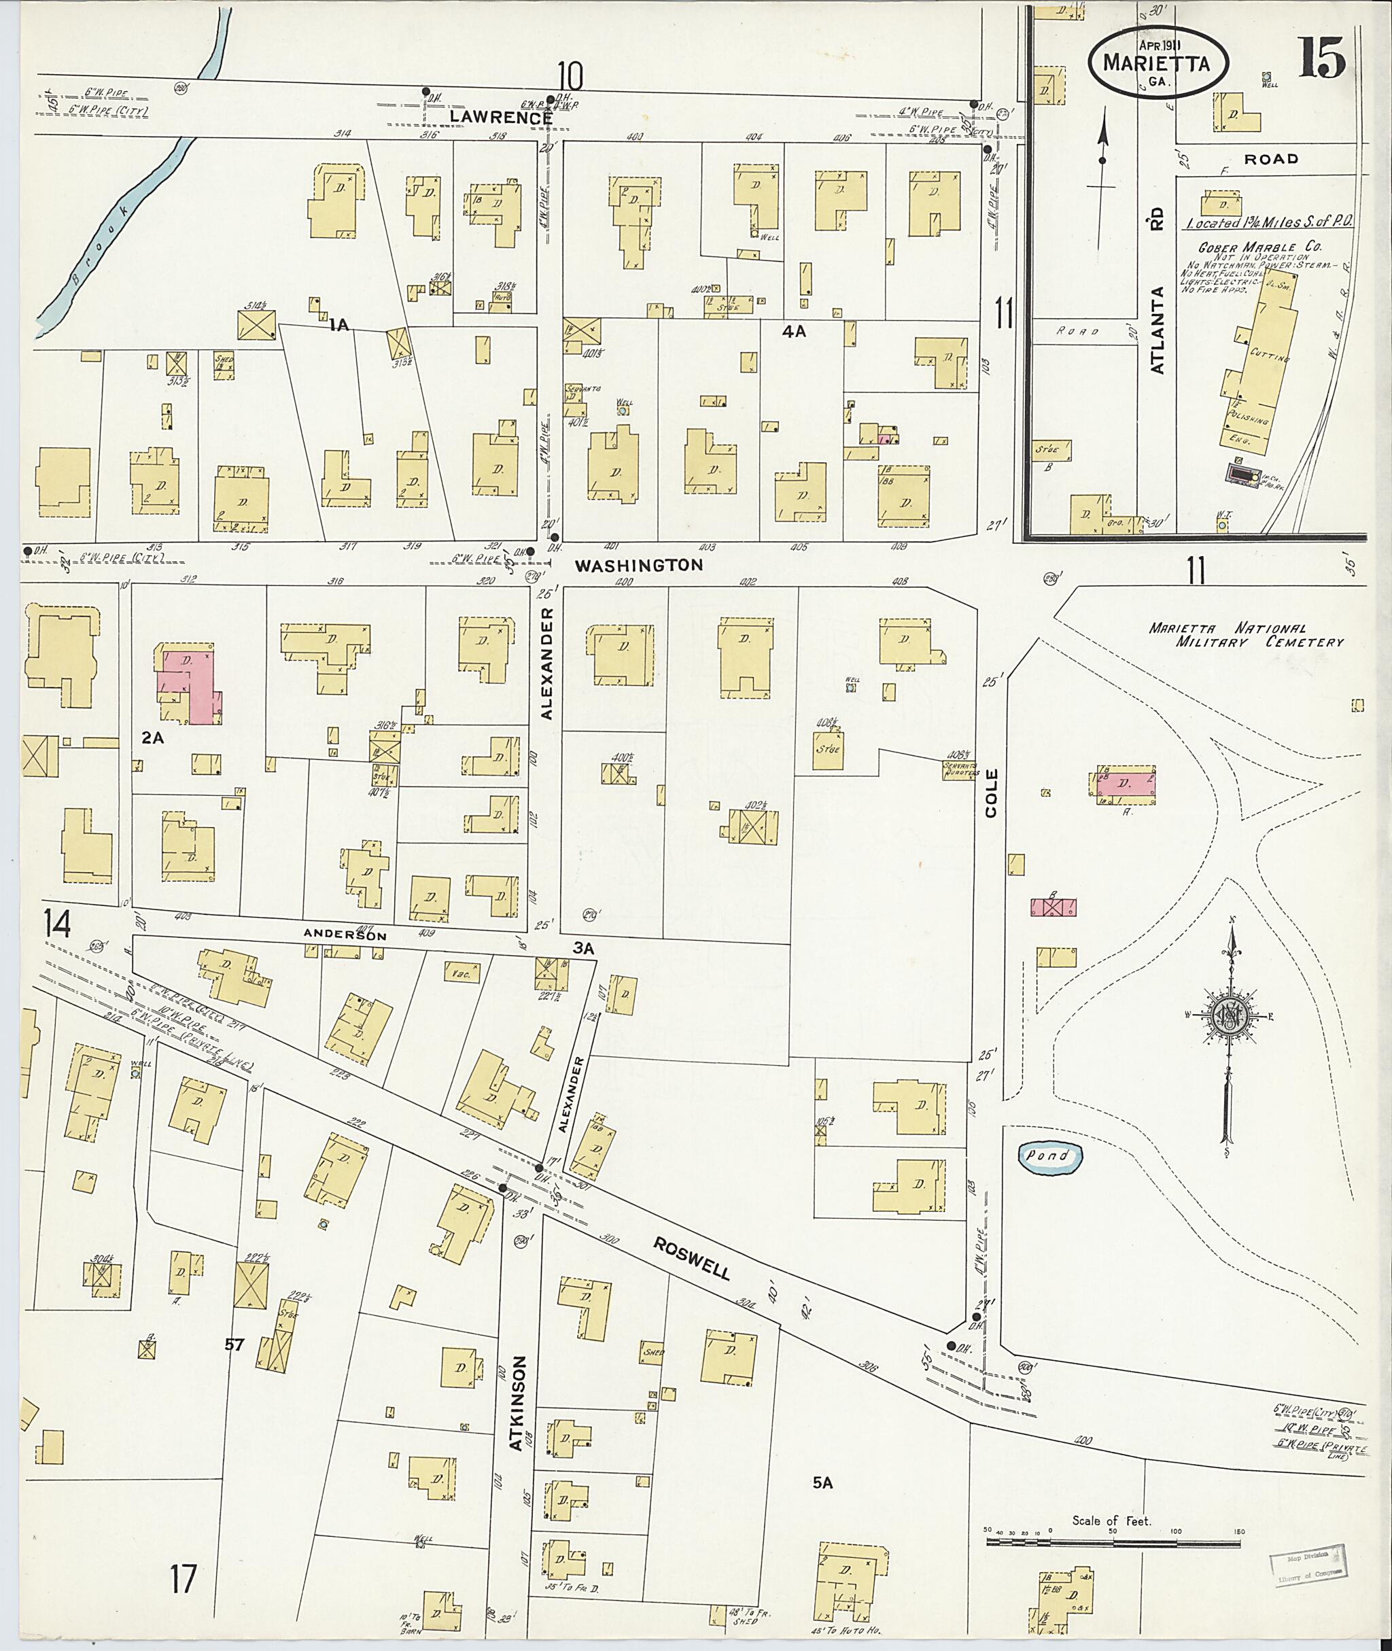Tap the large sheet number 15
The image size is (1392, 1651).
pos(1323,58)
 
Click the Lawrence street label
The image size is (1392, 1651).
pos(501,117)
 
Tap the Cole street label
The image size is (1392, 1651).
pos(992,793)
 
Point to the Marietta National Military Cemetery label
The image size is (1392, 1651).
pos(1245,635)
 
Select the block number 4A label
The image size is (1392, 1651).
pos(793,332)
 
